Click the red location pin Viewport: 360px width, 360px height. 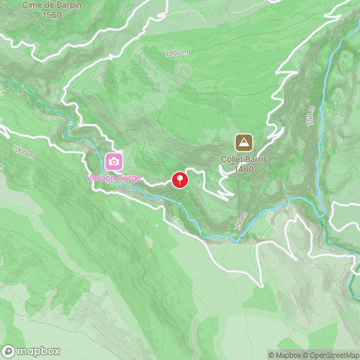click(181, 180)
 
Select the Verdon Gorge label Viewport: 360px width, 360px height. click(113, 178)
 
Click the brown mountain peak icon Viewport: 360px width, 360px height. click(244, 143)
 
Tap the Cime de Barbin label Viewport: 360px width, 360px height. click(52, 5)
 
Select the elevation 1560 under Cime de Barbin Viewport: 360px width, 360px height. click(52, 15)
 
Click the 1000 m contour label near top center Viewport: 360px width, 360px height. click(177, 53)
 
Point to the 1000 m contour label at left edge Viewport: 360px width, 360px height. click(23, 153)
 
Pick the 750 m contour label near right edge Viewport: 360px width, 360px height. click(311, 115)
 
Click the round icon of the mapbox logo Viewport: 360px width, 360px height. click(9, 351)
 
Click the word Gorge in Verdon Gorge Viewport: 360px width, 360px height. click(129, 178)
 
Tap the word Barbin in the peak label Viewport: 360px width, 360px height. click(67, 5)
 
